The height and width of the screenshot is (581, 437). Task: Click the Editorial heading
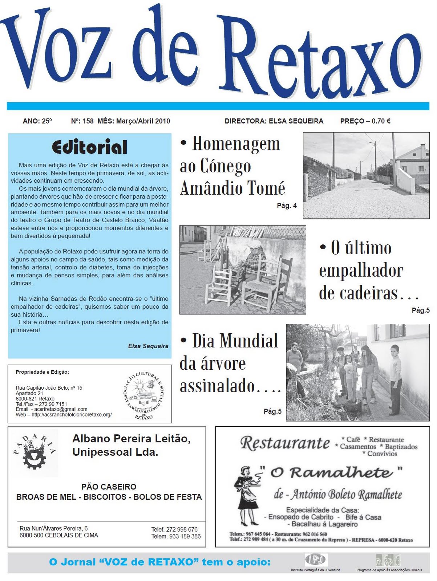[89, 147]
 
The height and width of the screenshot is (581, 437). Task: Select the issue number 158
[88, 121]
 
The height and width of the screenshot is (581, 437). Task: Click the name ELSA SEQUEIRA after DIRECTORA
[296, 121]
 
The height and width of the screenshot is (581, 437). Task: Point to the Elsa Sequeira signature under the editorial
[148, 346]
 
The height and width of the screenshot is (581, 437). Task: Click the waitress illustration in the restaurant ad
[248, 496]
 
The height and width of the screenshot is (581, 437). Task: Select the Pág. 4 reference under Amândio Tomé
[287, 206]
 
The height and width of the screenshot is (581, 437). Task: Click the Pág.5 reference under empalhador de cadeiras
[421, 310]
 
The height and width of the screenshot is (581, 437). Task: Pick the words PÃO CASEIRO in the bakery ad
[109, 487]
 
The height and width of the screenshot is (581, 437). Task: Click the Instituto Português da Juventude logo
[316, 560]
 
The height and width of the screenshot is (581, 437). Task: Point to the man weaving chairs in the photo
[253, 261]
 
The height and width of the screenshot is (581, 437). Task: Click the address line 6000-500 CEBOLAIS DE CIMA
[59, 535]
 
